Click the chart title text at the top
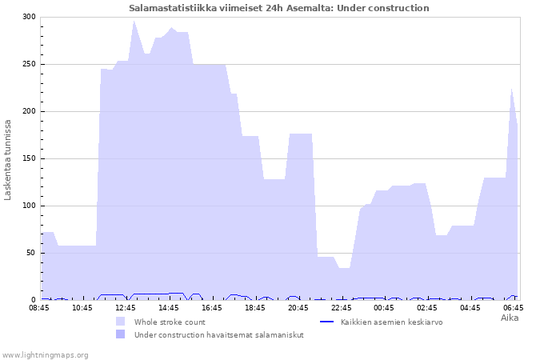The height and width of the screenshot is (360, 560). pos(279,8)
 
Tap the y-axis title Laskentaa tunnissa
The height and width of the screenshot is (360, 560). pos(7,160)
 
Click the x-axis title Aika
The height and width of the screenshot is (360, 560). pos(510,318)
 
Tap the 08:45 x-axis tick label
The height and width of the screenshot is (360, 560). pos(39,308)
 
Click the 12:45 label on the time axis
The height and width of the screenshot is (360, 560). pos(126,308)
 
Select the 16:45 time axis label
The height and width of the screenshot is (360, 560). pos(212,308)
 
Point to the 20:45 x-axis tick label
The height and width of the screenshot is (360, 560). pos(298,308)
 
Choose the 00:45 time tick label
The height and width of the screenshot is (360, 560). pos(384,308)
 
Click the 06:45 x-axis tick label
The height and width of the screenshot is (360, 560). pos(514,308)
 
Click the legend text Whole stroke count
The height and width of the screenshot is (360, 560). pos(170,322)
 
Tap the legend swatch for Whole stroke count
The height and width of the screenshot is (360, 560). pos(120,322)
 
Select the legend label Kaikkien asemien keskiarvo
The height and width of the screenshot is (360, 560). pos(392,322)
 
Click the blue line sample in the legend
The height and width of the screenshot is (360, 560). pos(326,322)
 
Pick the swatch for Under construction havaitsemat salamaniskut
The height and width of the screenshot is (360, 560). pos(120,334)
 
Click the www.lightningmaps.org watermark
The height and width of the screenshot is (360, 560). pos(45,355)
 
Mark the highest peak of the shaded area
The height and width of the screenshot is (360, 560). pos(134,21)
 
